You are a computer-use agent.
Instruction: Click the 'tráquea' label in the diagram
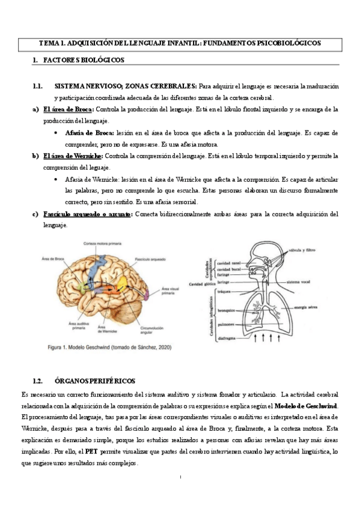point(225,291)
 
